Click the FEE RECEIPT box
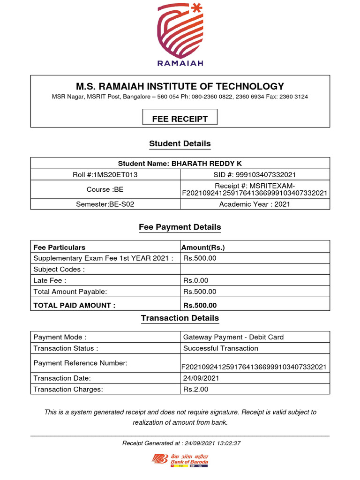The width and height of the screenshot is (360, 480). [180, 119]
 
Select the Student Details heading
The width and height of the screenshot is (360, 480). [180, 144]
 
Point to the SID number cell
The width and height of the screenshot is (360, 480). [255, 174]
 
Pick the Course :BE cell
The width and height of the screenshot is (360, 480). [106, 189]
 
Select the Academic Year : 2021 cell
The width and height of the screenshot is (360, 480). [255, 204]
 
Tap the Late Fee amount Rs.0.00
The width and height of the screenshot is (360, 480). [196, 280]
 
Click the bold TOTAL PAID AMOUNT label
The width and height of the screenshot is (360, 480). [75, 305]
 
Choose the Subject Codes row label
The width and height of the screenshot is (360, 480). [59, 269]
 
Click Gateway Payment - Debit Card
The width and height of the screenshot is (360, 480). [233, 337]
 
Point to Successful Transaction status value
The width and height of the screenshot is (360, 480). [221, 348]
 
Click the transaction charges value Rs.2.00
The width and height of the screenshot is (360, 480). [196, 389]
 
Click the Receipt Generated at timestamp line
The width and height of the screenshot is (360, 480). [181, 443]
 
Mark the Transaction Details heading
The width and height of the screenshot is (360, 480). [180, 318]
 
